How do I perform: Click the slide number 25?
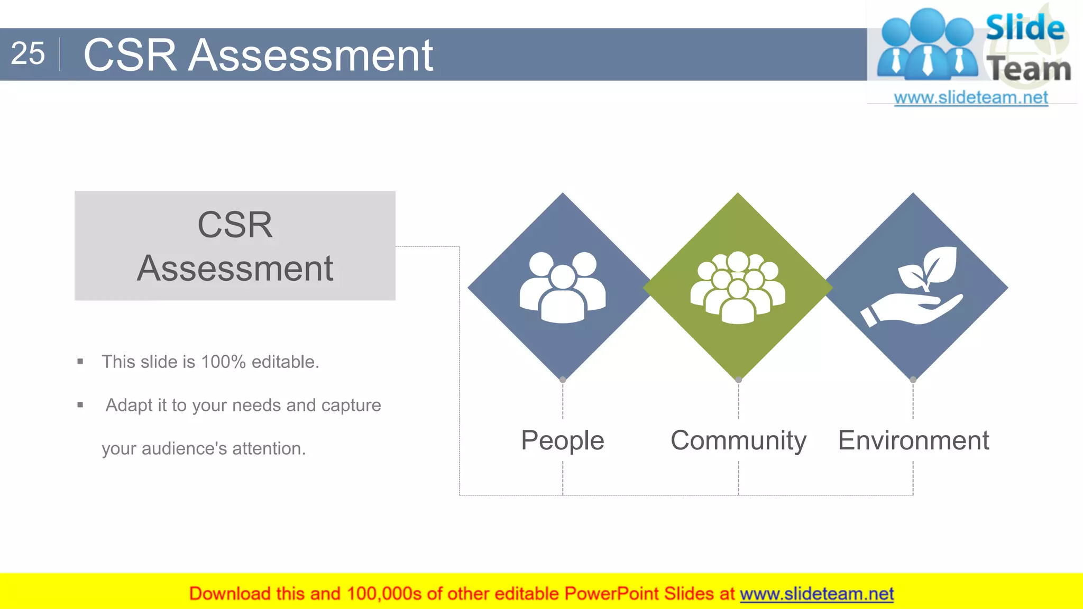pyautogui.click(x=27, y=54)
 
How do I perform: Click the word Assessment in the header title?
pyautogui.click(x=311, y=55)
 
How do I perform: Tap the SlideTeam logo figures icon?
pyautogui.click(x=928, y=45)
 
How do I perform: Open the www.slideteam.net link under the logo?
pyautogui.click(x=970, y=98)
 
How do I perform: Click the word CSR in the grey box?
pyautogui.click(x=235, y=225)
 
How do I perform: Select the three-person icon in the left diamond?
pyautogui.click(x=563, y=287)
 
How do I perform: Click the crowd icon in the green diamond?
pyautogui.click(x=738, y=287)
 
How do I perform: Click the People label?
pyautogui.click(x=562, y=440)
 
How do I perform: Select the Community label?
pyautogui.click(x=738, y=440)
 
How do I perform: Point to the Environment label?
pyautogui.click(x=913, y=440)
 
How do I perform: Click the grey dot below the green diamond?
pyautogui.click(x=739, y=380)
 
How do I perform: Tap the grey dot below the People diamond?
pyautogui.click(x=563, y=380)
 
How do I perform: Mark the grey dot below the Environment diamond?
pyautogui.click(x=913, y=380)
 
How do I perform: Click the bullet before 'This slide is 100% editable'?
pyautogui.click(x=80, y=362)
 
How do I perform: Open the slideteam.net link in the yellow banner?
pyautogui.click(x=816, y=594)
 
